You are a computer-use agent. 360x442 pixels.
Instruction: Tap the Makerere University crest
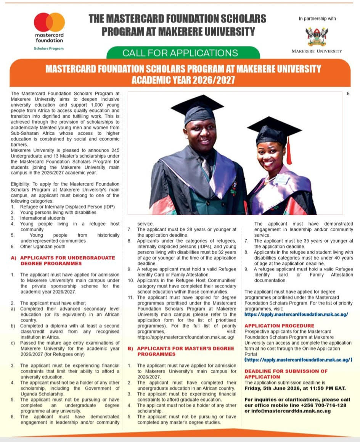point(317,37)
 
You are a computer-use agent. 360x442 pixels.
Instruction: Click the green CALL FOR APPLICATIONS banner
point(180,53)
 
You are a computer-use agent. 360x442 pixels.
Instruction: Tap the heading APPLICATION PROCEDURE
point(279,326)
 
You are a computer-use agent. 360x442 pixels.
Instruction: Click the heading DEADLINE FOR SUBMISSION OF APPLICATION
point(286,374)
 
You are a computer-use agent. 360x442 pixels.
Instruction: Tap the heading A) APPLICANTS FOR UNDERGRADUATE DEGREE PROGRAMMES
point(63,260)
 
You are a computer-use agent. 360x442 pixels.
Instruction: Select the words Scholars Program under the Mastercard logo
point(49,48)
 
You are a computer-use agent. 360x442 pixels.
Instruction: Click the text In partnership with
point(317,19)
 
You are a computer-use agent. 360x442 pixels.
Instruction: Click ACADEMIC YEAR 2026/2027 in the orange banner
point(183,80)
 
